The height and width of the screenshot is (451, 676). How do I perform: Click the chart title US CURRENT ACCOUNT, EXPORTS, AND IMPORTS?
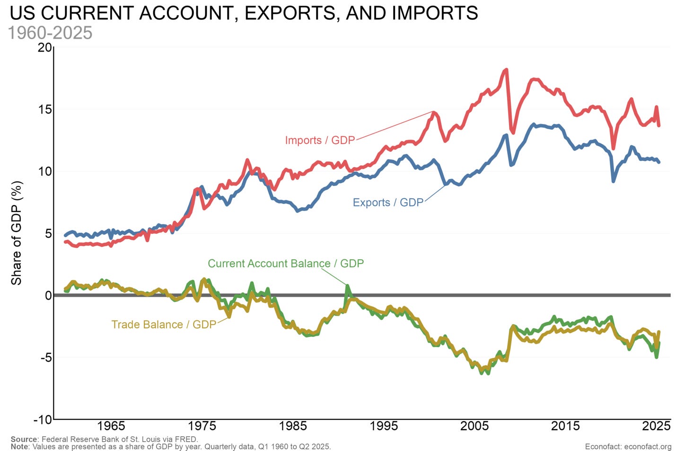coord(244,13)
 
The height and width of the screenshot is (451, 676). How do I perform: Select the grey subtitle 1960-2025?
coord(50,33)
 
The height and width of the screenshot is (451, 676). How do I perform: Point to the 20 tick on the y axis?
coord(44,47)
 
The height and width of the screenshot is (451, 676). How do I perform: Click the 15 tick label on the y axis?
coord(44,109)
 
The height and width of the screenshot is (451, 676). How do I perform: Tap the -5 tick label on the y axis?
coord(45,357)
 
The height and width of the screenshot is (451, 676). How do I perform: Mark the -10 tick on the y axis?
coord(43,420)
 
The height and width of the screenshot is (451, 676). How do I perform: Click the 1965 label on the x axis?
coord(111,426)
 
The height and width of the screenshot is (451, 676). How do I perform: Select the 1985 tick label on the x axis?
coord(293,426)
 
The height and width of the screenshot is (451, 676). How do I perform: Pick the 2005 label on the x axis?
coord(474,426)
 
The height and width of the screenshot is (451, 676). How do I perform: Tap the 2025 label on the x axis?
coord(656,426)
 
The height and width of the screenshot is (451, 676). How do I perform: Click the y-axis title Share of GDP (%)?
coord(17,233)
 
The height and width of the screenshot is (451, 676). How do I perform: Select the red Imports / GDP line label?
coord(320,140)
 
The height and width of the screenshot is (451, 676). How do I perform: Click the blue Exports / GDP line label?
coord(388,203)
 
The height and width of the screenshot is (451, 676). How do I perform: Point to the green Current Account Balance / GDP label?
coord(286,264)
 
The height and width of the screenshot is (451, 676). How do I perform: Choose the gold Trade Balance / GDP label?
coord(164,325)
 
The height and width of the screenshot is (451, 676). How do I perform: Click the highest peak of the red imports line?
coord(506,70)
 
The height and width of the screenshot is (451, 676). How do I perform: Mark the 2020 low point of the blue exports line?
coord(614,181)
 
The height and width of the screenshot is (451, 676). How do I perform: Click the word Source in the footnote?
coord(24,439)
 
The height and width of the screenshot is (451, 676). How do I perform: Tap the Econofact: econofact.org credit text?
coord(628,447)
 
